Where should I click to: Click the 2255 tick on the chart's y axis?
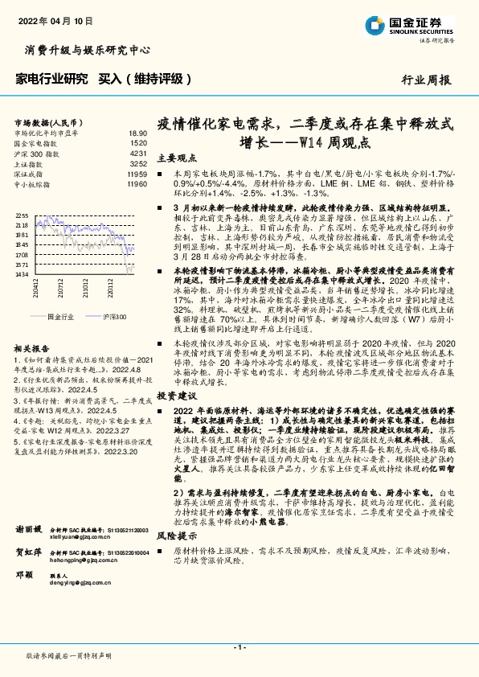pyautogui.click(x=22, y=216)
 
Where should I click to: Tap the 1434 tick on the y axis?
pyautogui.click(x=22, y=274)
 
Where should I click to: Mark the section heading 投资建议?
pyautogui.click(x=177, y=397)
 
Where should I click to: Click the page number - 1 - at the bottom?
pyautogui.click(x=239, y=647)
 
